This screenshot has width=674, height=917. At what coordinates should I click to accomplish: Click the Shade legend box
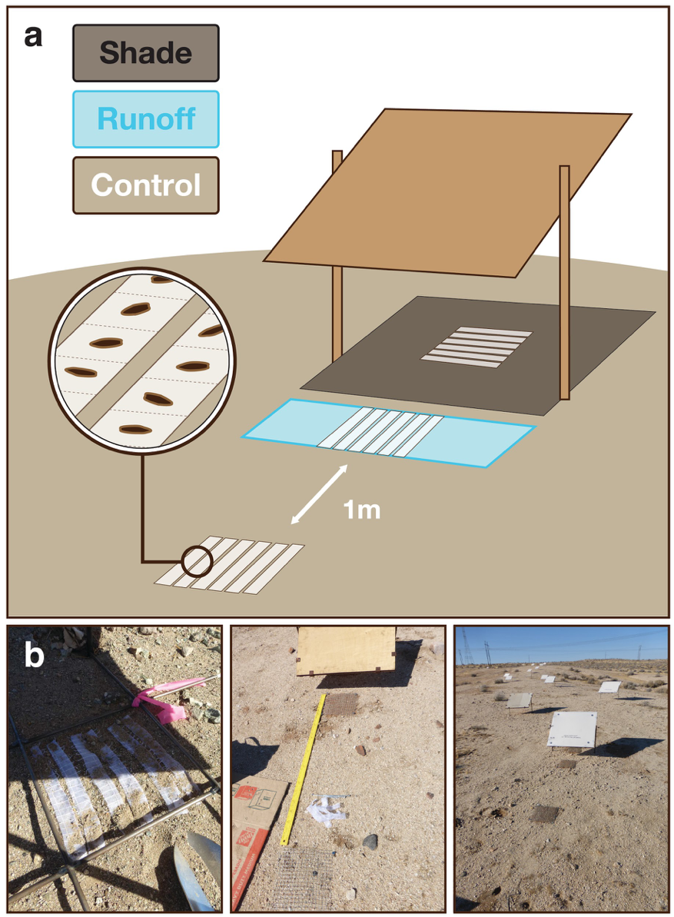point(146,53)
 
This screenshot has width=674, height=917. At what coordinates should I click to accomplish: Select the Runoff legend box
point(146,119)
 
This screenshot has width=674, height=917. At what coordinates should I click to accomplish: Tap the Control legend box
point(146,185)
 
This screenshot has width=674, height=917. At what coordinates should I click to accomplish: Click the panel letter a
point(33,35)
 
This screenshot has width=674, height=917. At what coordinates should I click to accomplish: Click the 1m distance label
point(361,509)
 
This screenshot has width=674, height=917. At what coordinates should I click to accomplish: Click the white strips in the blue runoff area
point(380,434)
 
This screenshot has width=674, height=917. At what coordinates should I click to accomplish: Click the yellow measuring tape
point(306,769)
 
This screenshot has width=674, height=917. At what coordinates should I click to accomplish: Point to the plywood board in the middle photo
point(345,650)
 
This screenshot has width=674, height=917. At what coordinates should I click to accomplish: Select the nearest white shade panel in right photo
point(572,729)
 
